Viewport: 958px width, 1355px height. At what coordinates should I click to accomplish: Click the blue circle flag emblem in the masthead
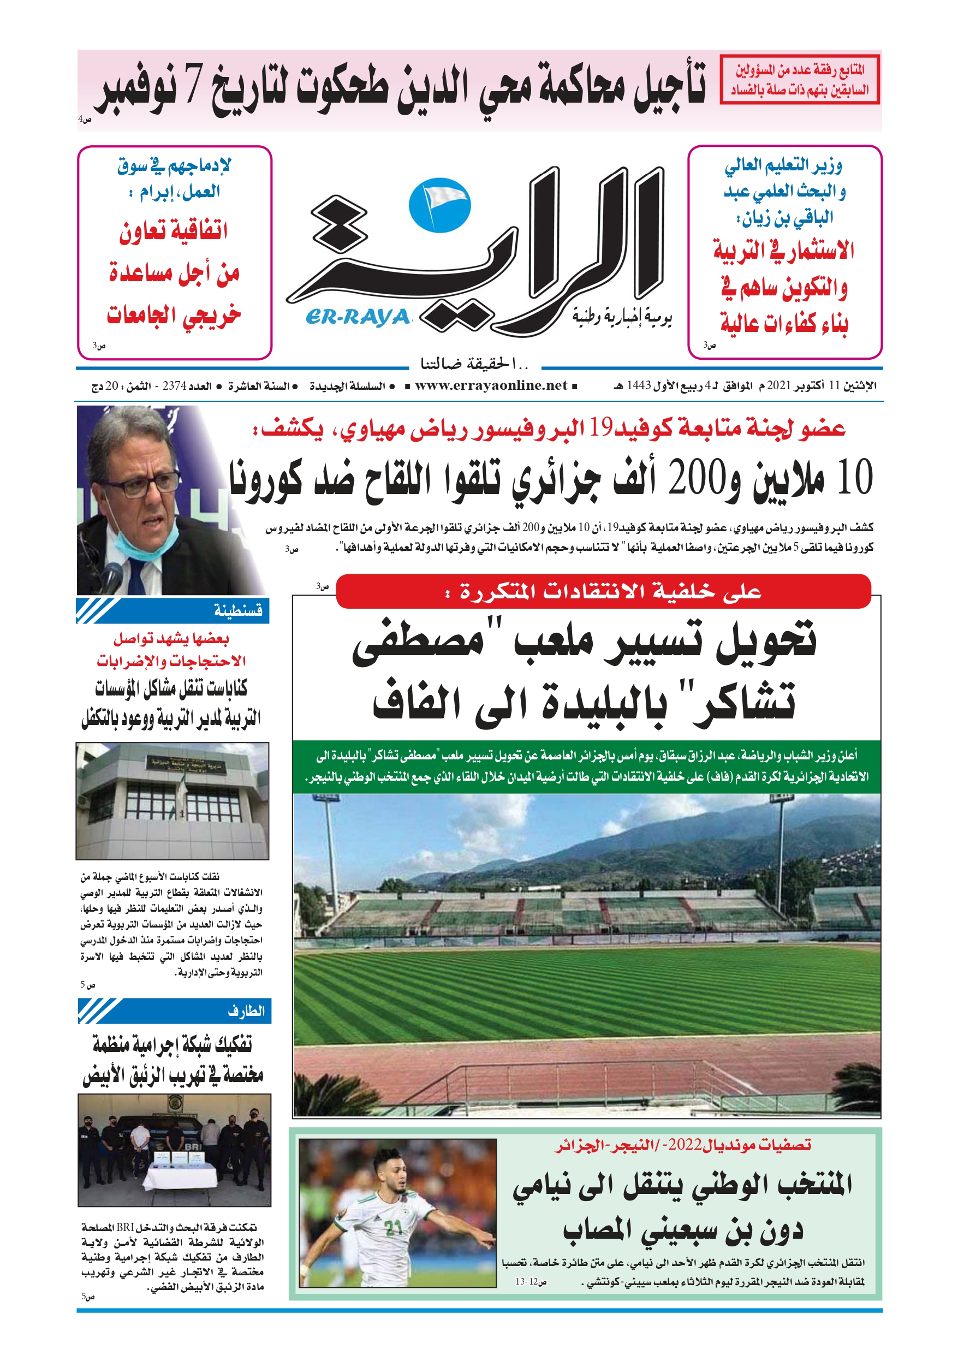(x=439, y=204)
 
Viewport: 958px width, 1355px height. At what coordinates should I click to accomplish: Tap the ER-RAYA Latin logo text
(x=358, y=318)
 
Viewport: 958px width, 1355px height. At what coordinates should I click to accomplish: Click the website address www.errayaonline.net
(x=491, y=385)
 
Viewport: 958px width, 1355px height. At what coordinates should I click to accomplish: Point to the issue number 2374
(x=174, y=386)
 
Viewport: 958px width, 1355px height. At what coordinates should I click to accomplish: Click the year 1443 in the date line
(x=638, y=386)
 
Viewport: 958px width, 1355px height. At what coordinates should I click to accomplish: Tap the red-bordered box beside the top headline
(x=799, y=80)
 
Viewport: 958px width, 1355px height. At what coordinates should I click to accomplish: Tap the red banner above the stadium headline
(x=603, y=591)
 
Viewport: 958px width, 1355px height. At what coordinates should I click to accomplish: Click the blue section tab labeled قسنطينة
(x=172, y=610)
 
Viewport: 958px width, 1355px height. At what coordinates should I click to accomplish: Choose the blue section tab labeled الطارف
(x=174, y=1011)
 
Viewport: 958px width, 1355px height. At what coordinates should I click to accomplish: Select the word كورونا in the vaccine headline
(x=266, y=479)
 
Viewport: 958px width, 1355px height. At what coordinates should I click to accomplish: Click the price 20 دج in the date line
(x=105, y=387)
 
